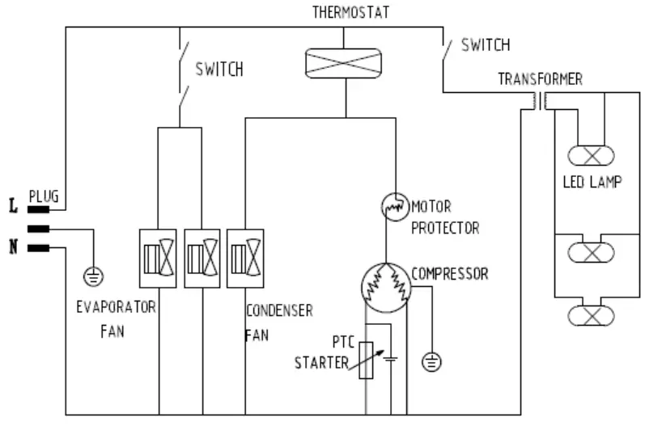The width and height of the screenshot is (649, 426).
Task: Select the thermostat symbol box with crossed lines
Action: coord(343,62)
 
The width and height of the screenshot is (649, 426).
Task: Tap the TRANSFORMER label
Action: coord(540,79)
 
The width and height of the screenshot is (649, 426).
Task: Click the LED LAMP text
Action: coord(592,182)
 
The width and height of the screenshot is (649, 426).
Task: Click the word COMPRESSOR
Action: coord(449,274)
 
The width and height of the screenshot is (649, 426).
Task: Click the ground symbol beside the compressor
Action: coord(432,362)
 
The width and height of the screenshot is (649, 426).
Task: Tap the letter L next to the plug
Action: coord(13,207)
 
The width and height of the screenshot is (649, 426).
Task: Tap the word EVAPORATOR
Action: coord(116,308)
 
